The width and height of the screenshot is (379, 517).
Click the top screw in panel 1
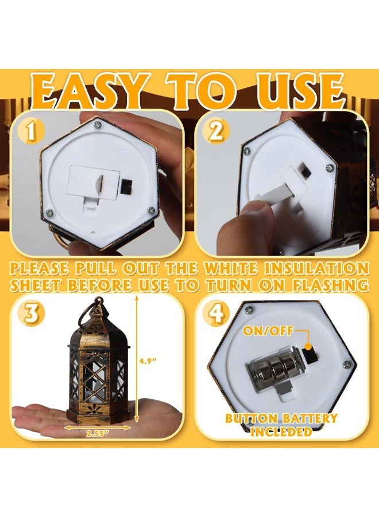tap(98, 124)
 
